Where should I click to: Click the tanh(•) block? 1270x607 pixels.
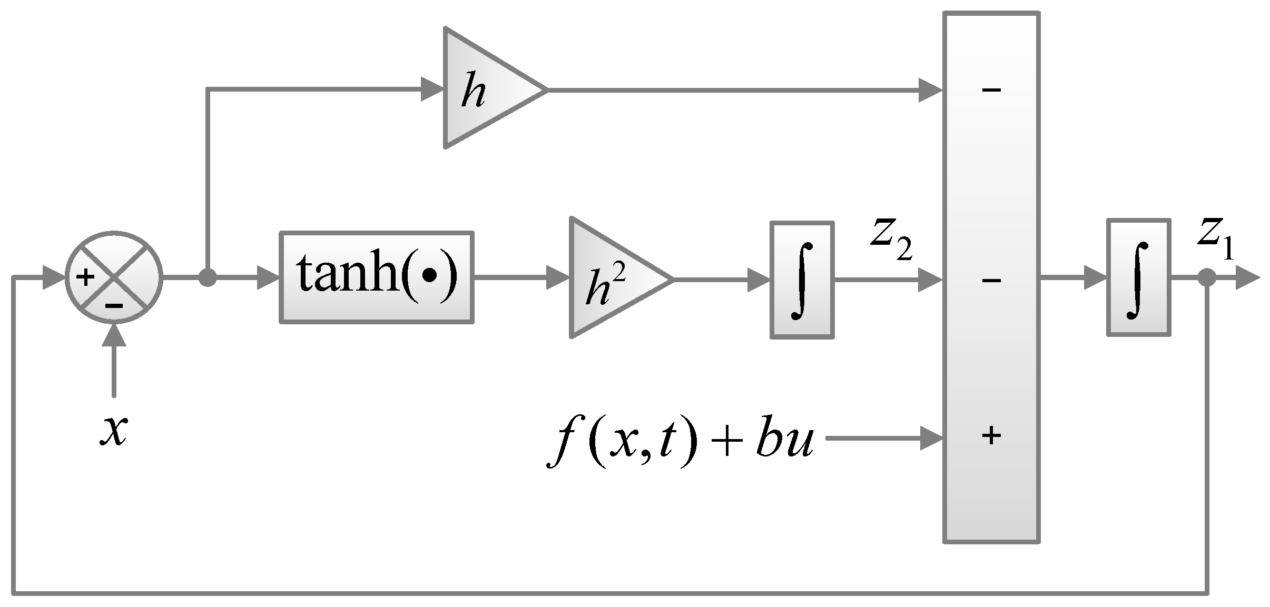click(376, 277)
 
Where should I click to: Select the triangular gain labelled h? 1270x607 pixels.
click(485, 88)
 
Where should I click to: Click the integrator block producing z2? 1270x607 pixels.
click(802, 280)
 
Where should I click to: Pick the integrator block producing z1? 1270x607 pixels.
click(1138, 277)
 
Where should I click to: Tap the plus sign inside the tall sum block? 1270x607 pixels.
click(991, 436)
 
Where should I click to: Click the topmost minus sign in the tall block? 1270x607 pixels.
click(991, 90)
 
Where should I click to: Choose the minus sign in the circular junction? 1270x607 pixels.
click(114, 305)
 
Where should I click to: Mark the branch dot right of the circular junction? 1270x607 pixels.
click(208, 277)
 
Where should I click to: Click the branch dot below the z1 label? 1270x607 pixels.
click(1207, 277)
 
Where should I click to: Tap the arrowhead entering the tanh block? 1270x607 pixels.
click(268, 277)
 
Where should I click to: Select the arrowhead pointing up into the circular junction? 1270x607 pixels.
click(114, 334)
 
